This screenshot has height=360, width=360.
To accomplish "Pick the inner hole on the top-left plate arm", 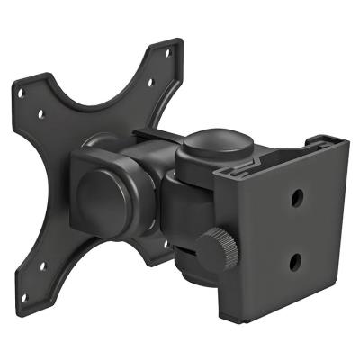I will pos(41,113).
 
